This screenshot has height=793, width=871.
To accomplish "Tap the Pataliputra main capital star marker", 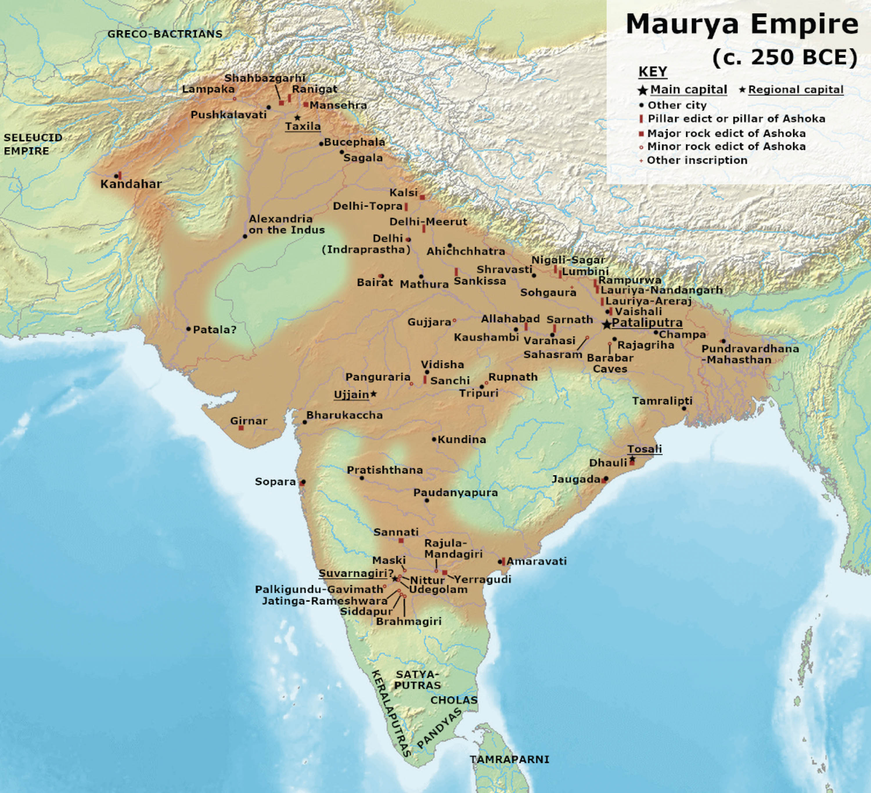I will click(x=607, y=324).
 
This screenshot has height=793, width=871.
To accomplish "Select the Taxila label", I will click(x=303, y=126).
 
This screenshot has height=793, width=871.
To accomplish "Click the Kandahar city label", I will click(x=131, y=184).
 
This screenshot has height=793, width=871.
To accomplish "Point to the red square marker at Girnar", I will click(x=241, y=428).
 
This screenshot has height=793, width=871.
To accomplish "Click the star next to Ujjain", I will click(x=374, y=394).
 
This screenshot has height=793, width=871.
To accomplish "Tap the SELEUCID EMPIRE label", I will click(x=33, y=144).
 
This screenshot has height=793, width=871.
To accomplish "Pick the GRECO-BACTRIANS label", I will click(x=165, y=34).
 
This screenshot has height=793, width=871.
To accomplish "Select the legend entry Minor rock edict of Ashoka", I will click(x=726, y=146).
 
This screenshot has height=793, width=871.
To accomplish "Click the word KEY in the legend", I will click(x=652, y=72).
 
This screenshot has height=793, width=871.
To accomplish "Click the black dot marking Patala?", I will click(x=188, y=329).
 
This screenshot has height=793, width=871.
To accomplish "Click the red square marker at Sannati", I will click(x=401, y=540).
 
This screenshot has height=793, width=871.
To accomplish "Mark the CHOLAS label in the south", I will click(x=454, y=700).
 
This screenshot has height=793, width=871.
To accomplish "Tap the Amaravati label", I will click(x=536, y=561).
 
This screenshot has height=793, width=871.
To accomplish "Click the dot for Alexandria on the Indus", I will click(x=245, y=236).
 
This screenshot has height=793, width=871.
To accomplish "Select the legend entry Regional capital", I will click(x=796, y=90).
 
